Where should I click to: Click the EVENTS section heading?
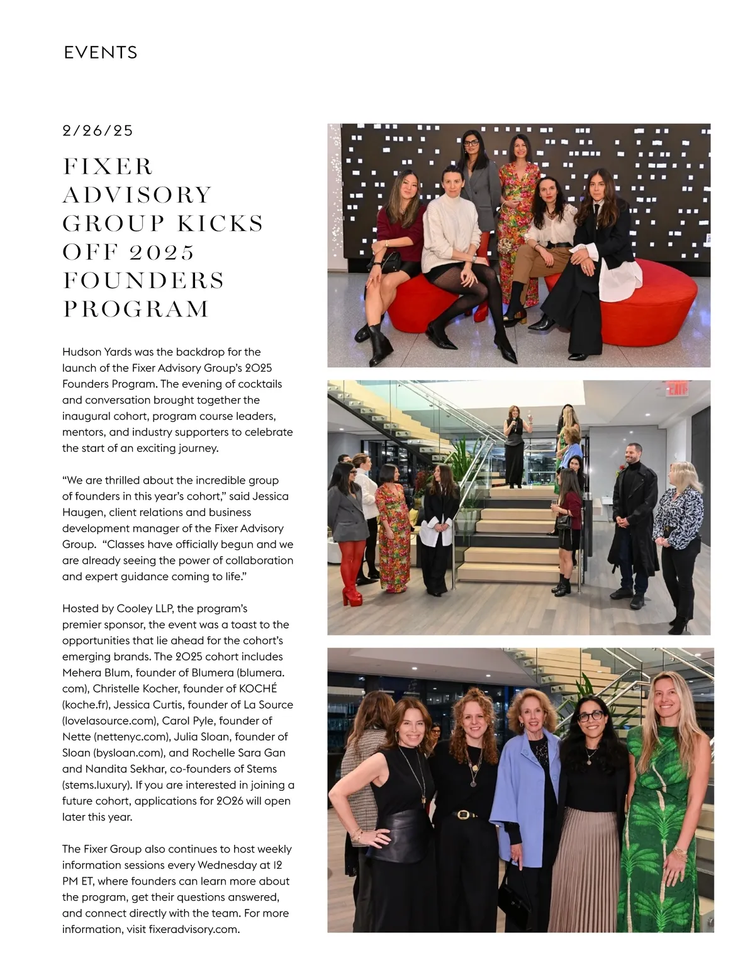[x=101, y=52]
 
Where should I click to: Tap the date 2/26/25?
[x=98, y=130]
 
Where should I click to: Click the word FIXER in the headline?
[x=108, y=167]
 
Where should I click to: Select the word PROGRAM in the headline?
[x=136, y=309]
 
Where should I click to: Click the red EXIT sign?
[x=678, y=389]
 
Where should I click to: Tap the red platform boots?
[x=352, y=576]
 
